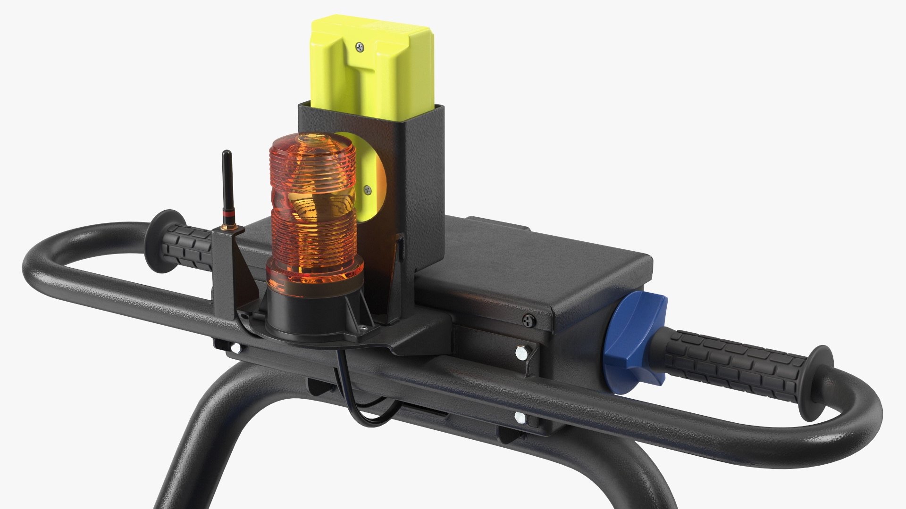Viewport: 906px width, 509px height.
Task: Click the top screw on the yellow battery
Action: pos(361,46)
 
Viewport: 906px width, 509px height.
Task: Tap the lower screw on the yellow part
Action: pos(368,190)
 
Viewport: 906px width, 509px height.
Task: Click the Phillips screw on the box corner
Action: pos(528,320)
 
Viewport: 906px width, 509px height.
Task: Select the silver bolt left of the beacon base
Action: pos(235,349)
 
